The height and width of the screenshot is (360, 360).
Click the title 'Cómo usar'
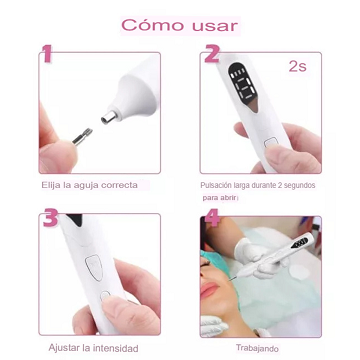180,24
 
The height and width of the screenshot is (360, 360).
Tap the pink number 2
212,54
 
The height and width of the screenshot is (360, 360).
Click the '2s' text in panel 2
296,67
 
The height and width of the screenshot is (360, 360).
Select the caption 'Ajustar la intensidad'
93,348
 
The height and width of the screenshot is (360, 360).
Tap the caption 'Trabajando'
257,348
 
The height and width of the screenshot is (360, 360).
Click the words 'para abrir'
221,198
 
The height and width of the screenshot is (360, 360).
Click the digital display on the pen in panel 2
237,85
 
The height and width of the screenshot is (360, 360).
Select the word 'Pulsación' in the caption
219,186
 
